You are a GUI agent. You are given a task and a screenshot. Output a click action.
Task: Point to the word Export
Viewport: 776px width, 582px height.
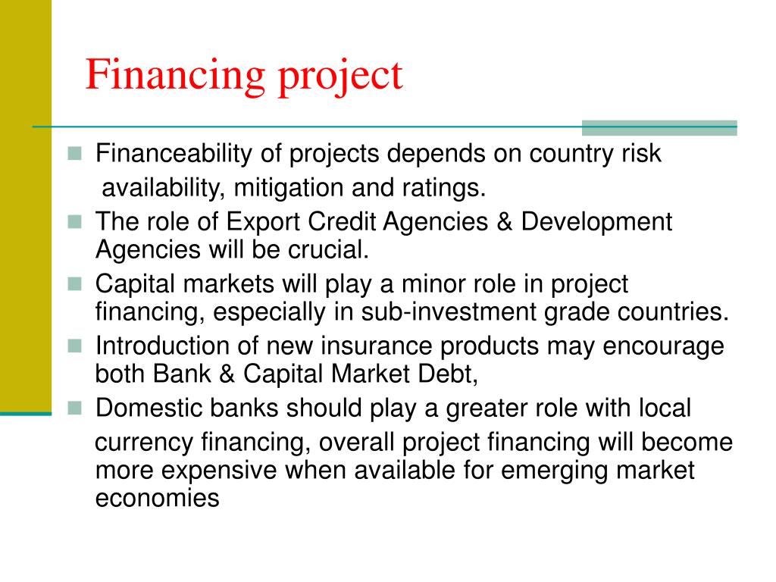264,222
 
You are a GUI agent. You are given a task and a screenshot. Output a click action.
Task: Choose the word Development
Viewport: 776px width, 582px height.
597,222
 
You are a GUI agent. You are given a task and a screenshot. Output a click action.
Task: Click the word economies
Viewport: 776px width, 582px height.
157,497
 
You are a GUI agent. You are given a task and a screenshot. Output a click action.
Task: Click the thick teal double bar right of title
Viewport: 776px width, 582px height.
659,127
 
